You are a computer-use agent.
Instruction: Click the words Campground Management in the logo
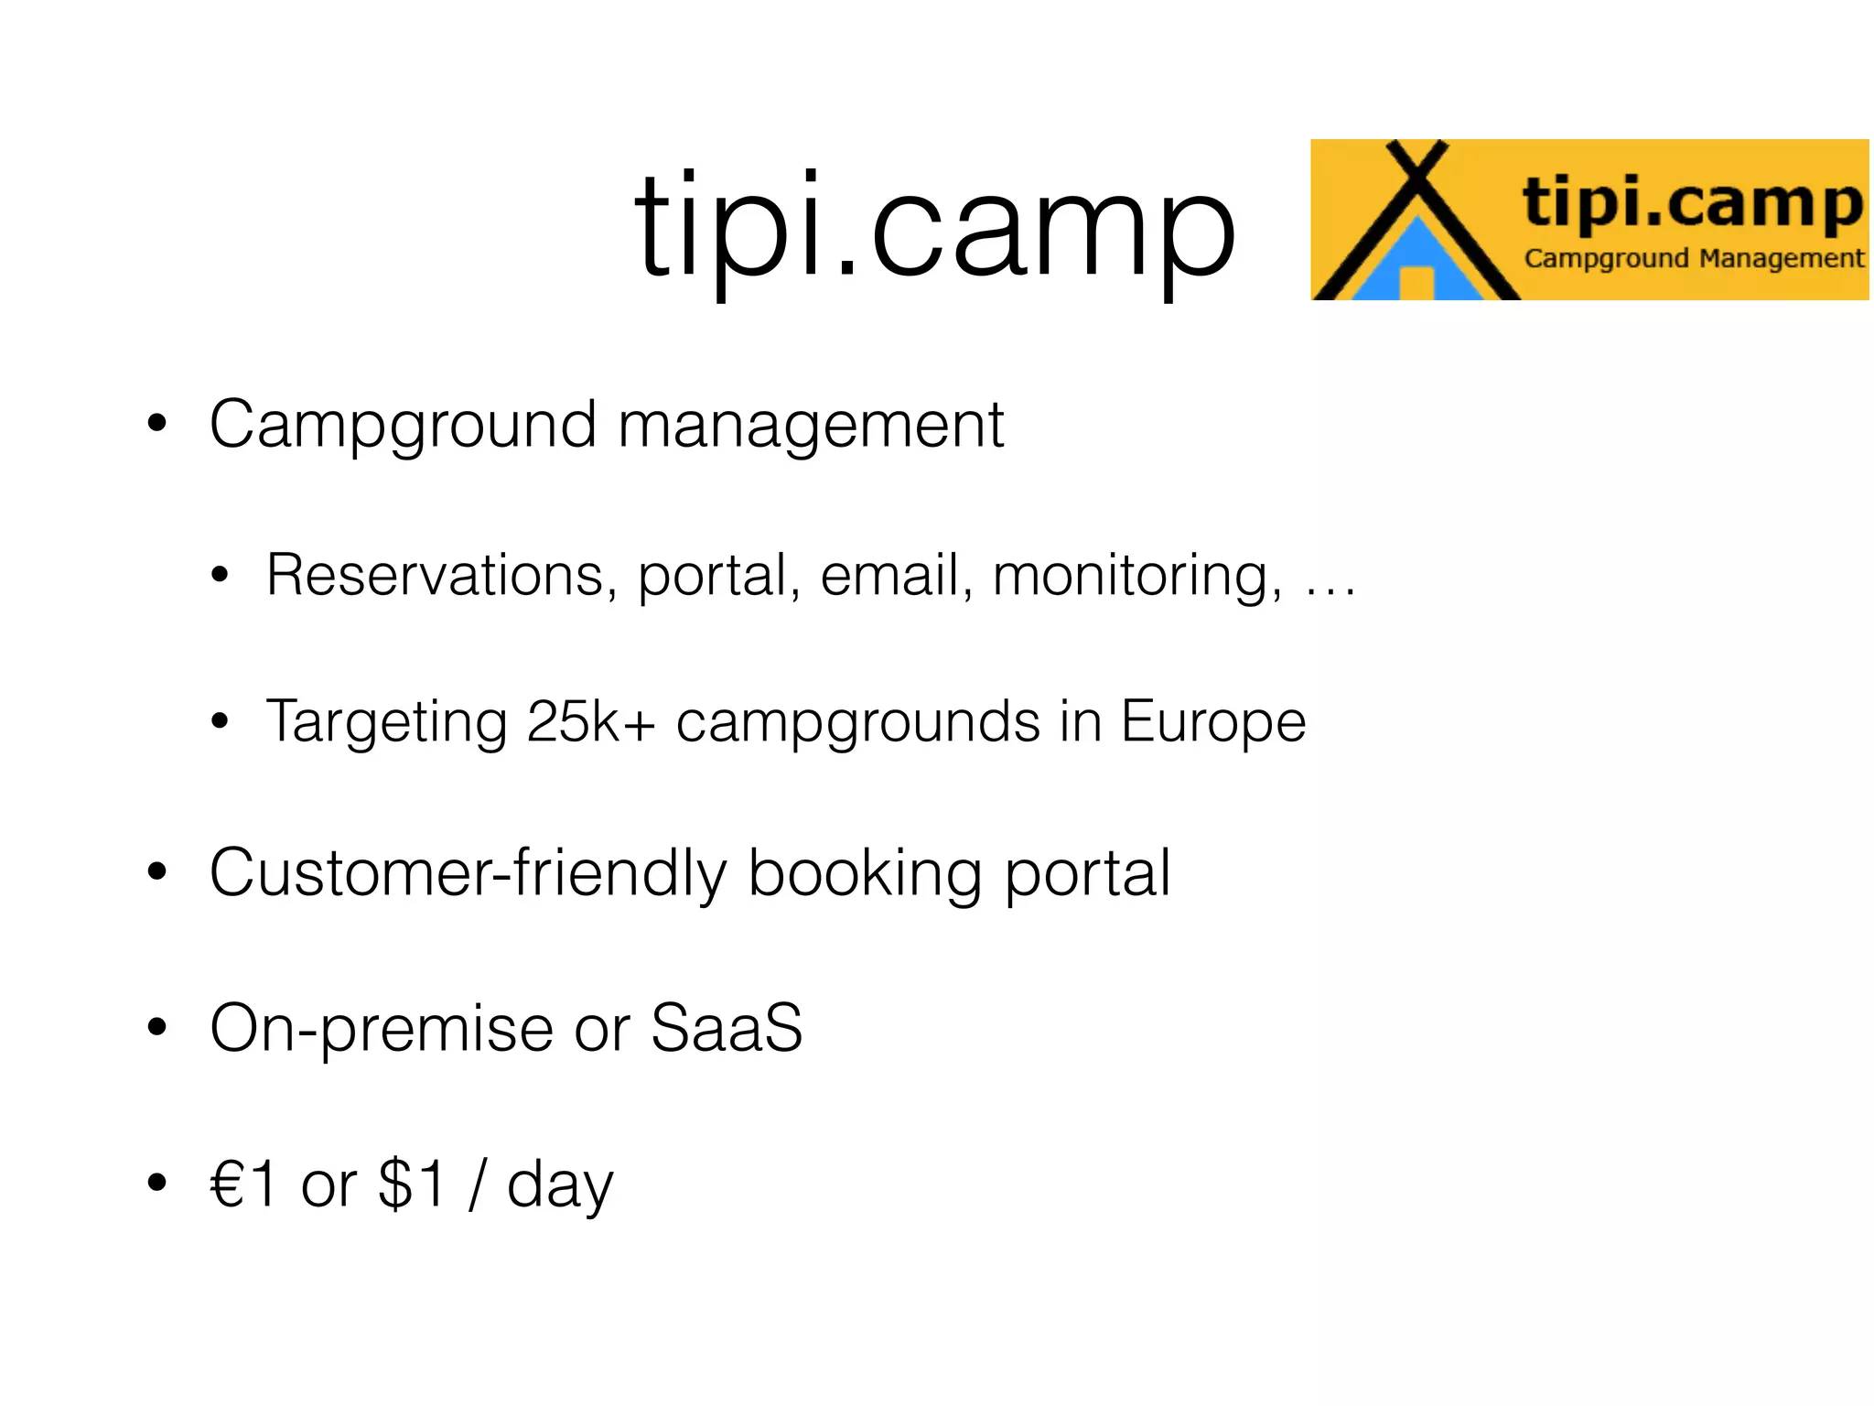(x=1693, y=259)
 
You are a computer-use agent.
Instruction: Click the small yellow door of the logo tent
(x=1416, y=283)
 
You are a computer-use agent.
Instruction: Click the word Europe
(x=1213, y=723)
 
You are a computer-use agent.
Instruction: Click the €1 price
(x=243, y=1184)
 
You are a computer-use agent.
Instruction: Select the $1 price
(x=412, y=1184)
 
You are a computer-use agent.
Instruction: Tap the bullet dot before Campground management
(x=157, y=424)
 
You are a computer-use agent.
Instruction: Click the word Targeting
(x=385, y=723)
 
